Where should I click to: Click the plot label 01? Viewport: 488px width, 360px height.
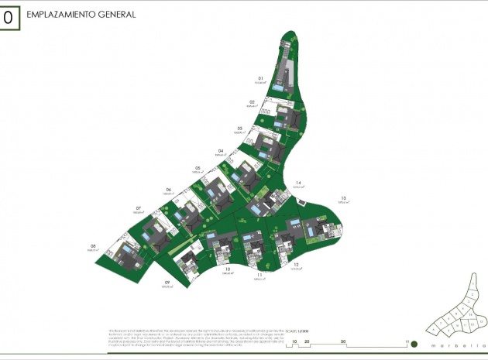[x=261, y=78]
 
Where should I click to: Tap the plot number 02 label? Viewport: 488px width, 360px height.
[x=252, y=102]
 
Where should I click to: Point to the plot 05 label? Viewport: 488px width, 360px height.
[x=198, y=167]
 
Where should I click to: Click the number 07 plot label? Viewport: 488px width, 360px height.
[x=138, y=207]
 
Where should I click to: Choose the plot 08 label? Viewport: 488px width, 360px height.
[x=93, y=246]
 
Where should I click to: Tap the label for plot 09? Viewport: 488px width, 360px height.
[x=167, y=282]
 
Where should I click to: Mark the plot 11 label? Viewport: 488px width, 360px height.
[x=260, y=275]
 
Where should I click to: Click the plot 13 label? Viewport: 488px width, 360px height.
[x=342, y=198]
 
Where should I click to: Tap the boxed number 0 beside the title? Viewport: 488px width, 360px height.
[x=8, y=17]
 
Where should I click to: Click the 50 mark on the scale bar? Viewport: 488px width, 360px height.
[x=343, y=341]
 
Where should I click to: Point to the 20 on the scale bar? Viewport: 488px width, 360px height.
[x=308, y=341]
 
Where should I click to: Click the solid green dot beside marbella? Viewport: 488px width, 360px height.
[x=414, y=344]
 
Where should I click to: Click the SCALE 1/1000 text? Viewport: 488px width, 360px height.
[x=297, y=330]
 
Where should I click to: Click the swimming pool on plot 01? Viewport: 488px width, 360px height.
[x=277, y=90]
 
